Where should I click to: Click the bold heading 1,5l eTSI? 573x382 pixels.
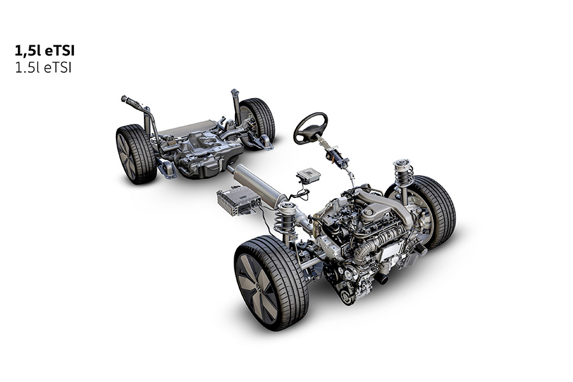click(x=45, y=51)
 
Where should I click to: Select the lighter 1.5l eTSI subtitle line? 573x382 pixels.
click(x=43, y=67)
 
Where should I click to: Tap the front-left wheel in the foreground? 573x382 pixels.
click(x=271, y=283)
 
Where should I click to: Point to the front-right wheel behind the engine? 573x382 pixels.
click(x=431, y=212)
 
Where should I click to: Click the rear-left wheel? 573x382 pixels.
click(x=136, y=154)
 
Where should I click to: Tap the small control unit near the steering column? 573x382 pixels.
click(x=309, y=175)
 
